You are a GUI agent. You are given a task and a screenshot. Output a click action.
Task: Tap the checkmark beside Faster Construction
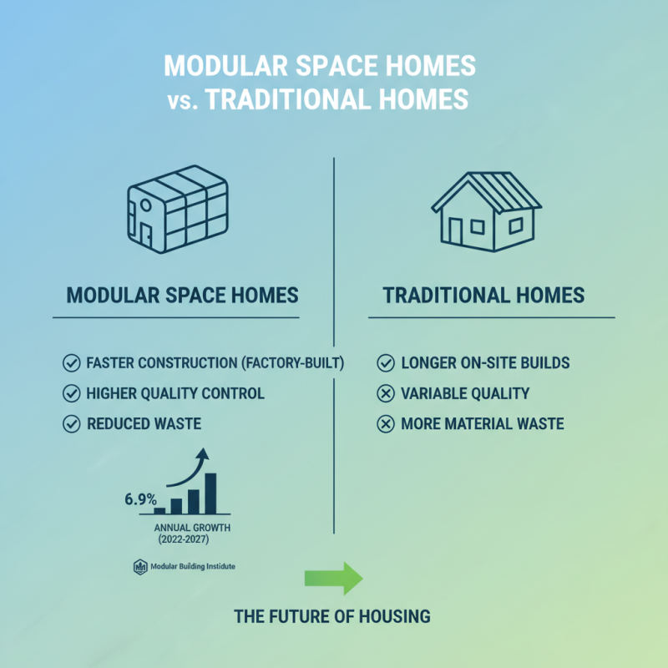(x=71, y=363)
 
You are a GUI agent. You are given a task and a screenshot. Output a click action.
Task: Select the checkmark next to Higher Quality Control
(x=71, y=393)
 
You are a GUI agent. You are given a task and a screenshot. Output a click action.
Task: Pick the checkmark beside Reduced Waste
(x=71, y=423)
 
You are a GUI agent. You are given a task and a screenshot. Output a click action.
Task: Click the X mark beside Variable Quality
(x=386, y=393)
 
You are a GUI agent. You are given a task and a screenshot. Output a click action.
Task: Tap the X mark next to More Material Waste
(x=386, y=423)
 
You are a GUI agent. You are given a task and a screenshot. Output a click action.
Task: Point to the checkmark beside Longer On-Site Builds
(x=386, y=363)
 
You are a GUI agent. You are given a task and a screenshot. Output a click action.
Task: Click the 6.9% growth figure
(x=140, y=499)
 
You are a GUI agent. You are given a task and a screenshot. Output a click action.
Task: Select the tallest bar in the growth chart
(x=210, y=493)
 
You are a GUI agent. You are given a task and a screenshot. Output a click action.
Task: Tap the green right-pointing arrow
(x=333, y=577)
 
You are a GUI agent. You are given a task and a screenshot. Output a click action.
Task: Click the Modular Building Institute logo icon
(x=139, y=567)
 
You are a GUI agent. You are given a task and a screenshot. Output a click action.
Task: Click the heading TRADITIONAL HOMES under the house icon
(x=483, y=296)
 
